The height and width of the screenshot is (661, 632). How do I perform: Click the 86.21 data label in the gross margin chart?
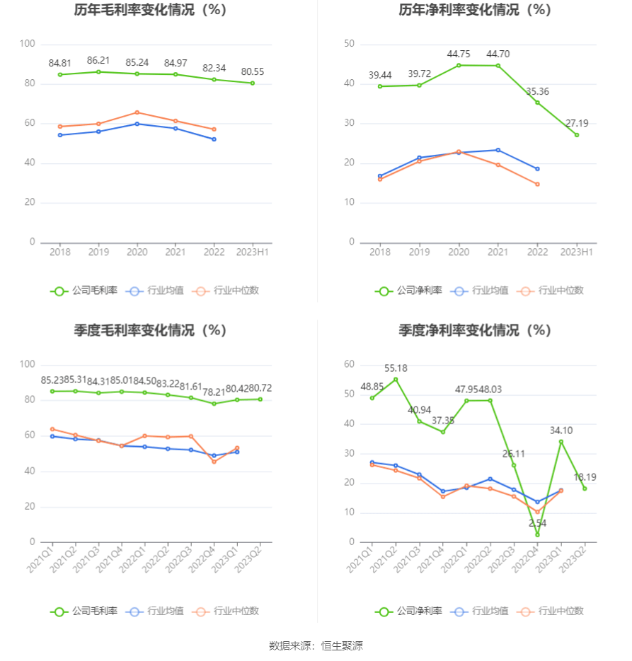pyautogui.click(x=98, y=61)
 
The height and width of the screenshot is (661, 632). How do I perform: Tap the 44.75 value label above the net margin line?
pyautogui.click(x=459, y=54)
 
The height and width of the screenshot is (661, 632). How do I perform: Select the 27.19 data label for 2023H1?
pyautogui.click(x=577, y=124)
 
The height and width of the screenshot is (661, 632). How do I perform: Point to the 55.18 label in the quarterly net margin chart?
pyautogui.click(x=396, y=368)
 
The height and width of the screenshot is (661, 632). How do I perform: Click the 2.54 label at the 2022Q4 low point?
pyautogui.click(x=537, y=523)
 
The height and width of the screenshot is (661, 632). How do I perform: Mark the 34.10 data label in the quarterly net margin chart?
pyautogui.click(x=561, y=431)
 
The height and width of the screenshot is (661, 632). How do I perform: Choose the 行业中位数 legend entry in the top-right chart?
pyautogui.click(x=551, y=291)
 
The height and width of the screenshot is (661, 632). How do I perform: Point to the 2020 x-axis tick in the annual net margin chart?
pyautogui.click(x=459, y=252)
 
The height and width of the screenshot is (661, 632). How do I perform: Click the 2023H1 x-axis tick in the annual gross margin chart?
pyautogui.click(x=253, y=252)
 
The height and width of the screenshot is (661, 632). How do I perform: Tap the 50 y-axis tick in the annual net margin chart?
pyautogui.click(x=349, y=44)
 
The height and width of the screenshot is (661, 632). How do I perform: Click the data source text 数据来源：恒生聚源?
pyautogui.click(x=316, y=645)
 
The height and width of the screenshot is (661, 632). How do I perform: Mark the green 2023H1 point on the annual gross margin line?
pyautogui.click(x=253, y=83)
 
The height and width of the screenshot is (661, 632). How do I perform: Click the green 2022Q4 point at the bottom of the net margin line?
pyautogui.click(x=537, y=534)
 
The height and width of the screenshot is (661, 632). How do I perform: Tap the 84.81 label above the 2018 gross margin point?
pyautogui.click(x=60, y=64)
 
